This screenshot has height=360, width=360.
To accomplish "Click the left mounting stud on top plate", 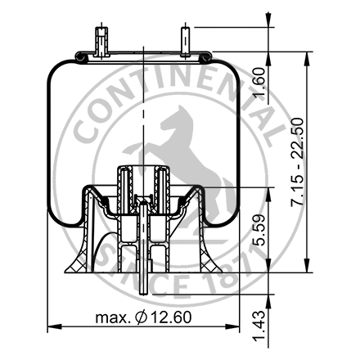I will point(101,43).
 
